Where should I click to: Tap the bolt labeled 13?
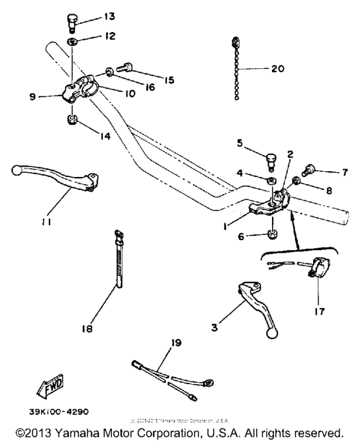click(x=72, y=21)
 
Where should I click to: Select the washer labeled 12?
click(x=72, y=42)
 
